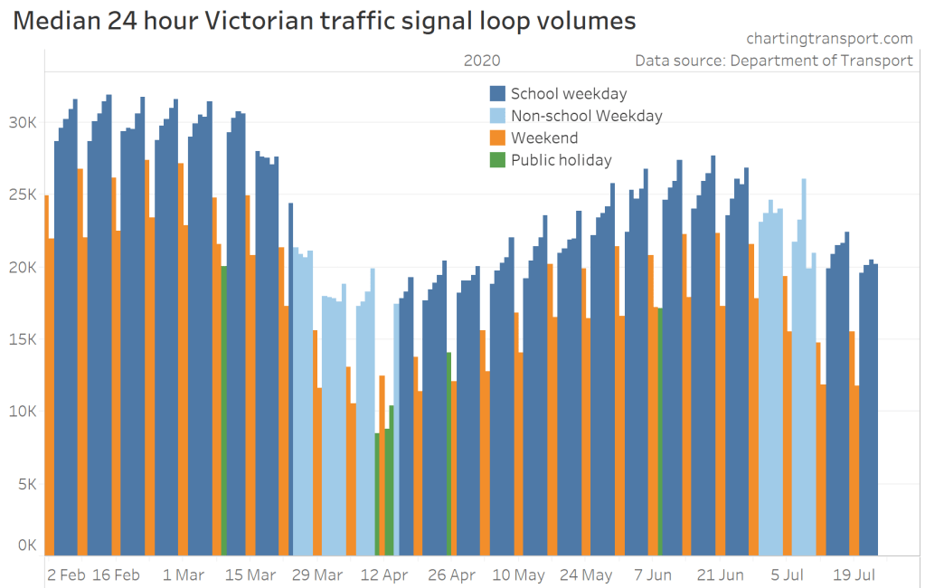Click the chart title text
click(x=325, y=22)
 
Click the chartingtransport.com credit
click(x=829, y=39)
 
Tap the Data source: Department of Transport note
click(x=774, y=61)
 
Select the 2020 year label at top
click(x=481, y=61)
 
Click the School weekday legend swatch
click(x=497, y=93)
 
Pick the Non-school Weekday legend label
click(x=586, y=116)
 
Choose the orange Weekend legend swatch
click(x=497, y=138)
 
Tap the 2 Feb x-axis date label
click(x=67, y=575)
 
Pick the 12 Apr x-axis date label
click(x=384, y=575)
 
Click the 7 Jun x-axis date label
click(x=653, y=575)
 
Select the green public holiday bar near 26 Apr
click(x=448, y=452)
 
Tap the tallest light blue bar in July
click(x=804, y=362)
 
